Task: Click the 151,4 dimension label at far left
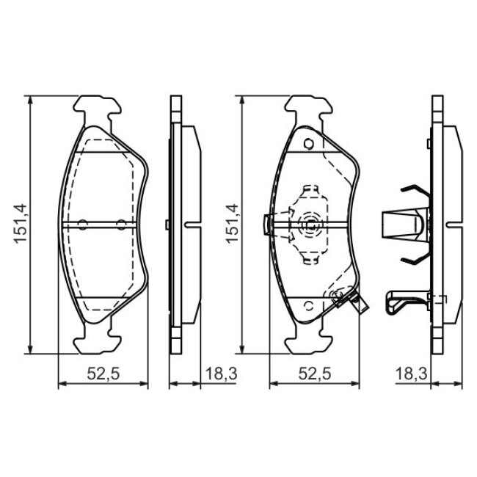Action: tap(21, 224)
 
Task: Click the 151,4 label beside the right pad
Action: tap(233, 224)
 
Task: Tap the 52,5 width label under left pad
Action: tap(103, 374)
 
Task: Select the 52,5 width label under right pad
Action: tap(315, 374)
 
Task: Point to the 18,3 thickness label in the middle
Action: tap(221, 374)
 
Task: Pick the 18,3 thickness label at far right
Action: tap(411, 374)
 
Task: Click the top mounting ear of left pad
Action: tap(98, 109)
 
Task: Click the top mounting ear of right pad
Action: tap(308, 109)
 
